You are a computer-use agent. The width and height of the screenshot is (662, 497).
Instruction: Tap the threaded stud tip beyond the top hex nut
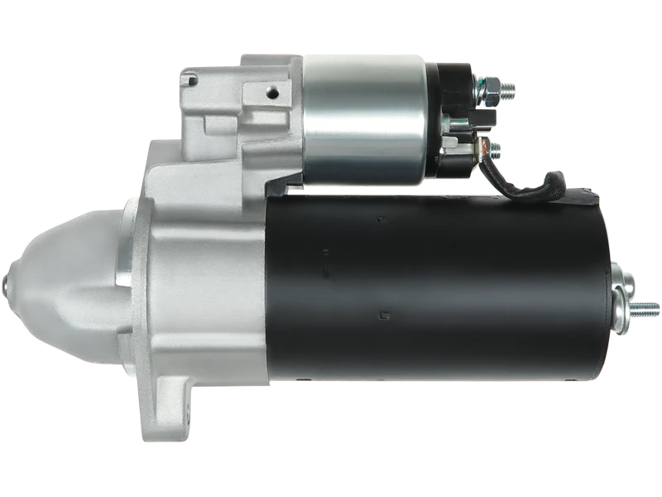pos(509,86)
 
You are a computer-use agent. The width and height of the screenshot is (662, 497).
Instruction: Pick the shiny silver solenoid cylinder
pos(364,120)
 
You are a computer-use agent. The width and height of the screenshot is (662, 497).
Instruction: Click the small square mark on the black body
pos(381,314)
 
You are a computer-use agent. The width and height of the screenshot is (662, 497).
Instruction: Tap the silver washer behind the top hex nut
pos(478,88)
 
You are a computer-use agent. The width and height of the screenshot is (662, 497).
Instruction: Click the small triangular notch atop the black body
pos(380,220)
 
